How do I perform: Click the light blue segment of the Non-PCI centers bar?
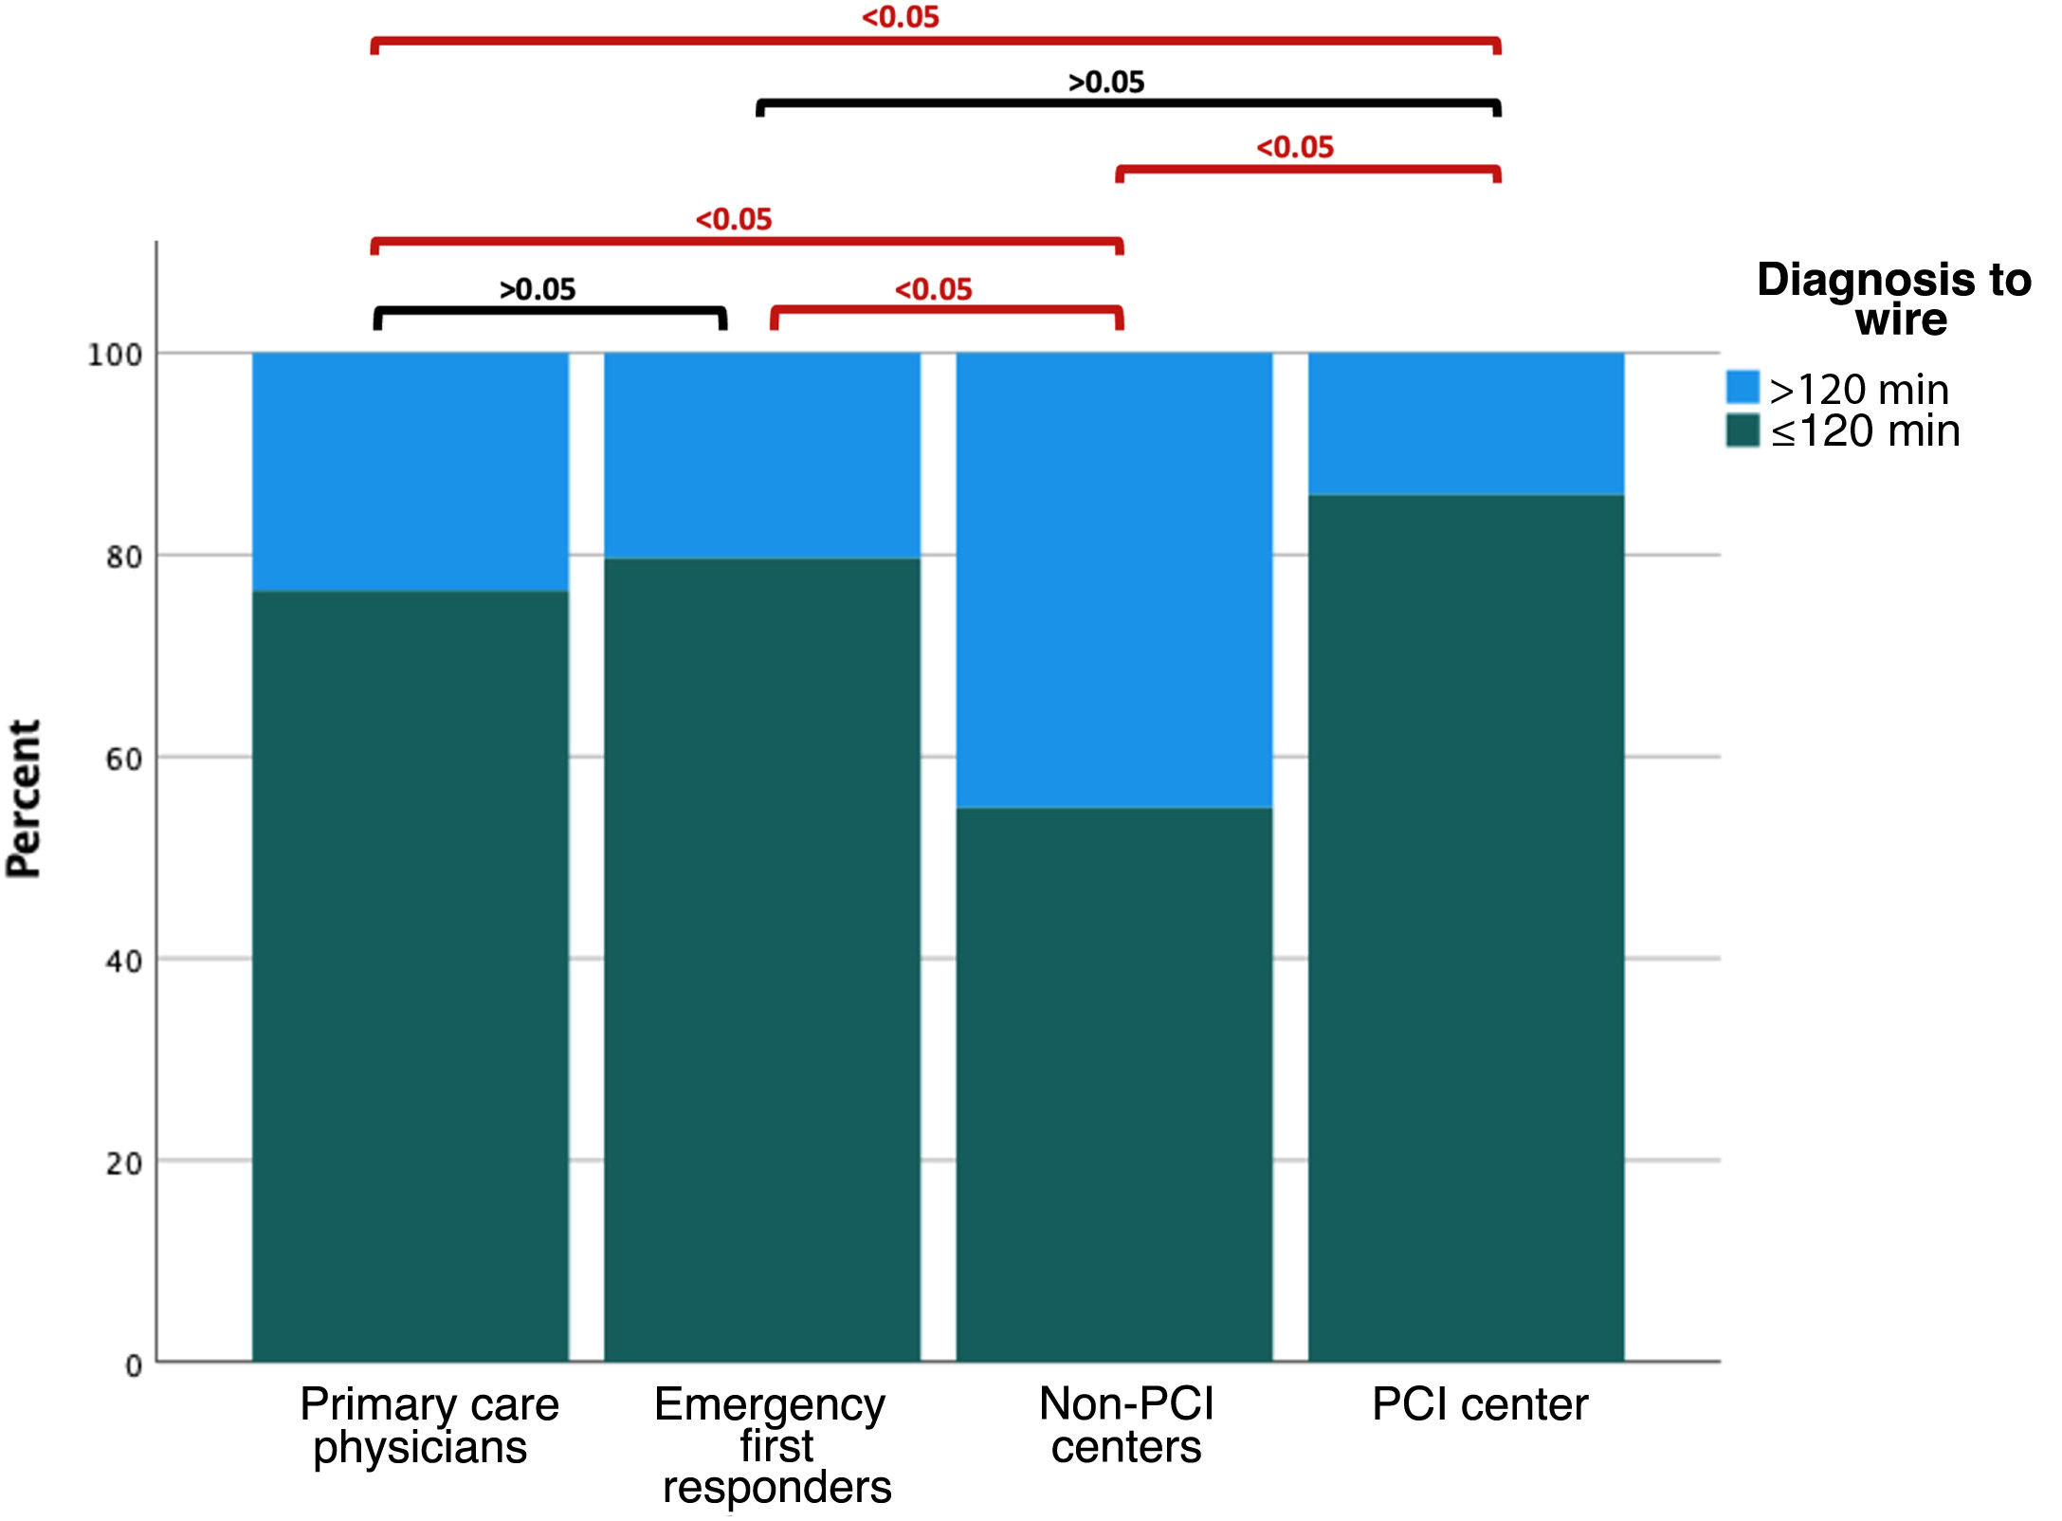(x=1114, y=579)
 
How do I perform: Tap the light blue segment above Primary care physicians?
(x=410, y=471)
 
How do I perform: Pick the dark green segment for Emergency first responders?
(x=762, y=959)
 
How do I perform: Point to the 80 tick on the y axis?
(x=124, y=557)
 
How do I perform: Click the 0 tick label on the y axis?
(x=134, y=1365)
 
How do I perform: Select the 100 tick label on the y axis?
(x=115, y=356)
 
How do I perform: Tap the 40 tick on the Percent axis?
(x=124, y=962)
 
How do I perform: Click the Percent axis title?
(x=25, y=798)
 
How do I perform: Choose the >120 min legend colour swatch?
(x=1743, y=387)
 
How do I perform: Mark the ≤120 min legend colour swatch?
(x=1743, y=430)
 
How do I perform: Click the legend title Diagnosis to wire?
(x=1894, y=299)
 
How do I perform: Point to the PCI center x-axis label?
(x=1479, y=1404)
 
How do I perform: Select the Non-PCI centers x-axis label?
(x=1126, y=1425)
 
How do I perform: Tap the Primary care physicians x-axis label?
(x=429, y=1425)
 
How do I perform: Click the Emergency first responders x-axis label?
(x=773, y=1446)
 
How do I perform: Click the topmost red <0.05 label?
(x=900, y=17)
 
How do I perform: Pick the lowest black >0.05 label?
(x=538, y=289)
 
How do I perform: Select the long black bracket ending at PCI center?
(x=1128, y=102)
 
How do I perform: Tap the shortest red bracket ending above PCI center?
(x=1308, y=170)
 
